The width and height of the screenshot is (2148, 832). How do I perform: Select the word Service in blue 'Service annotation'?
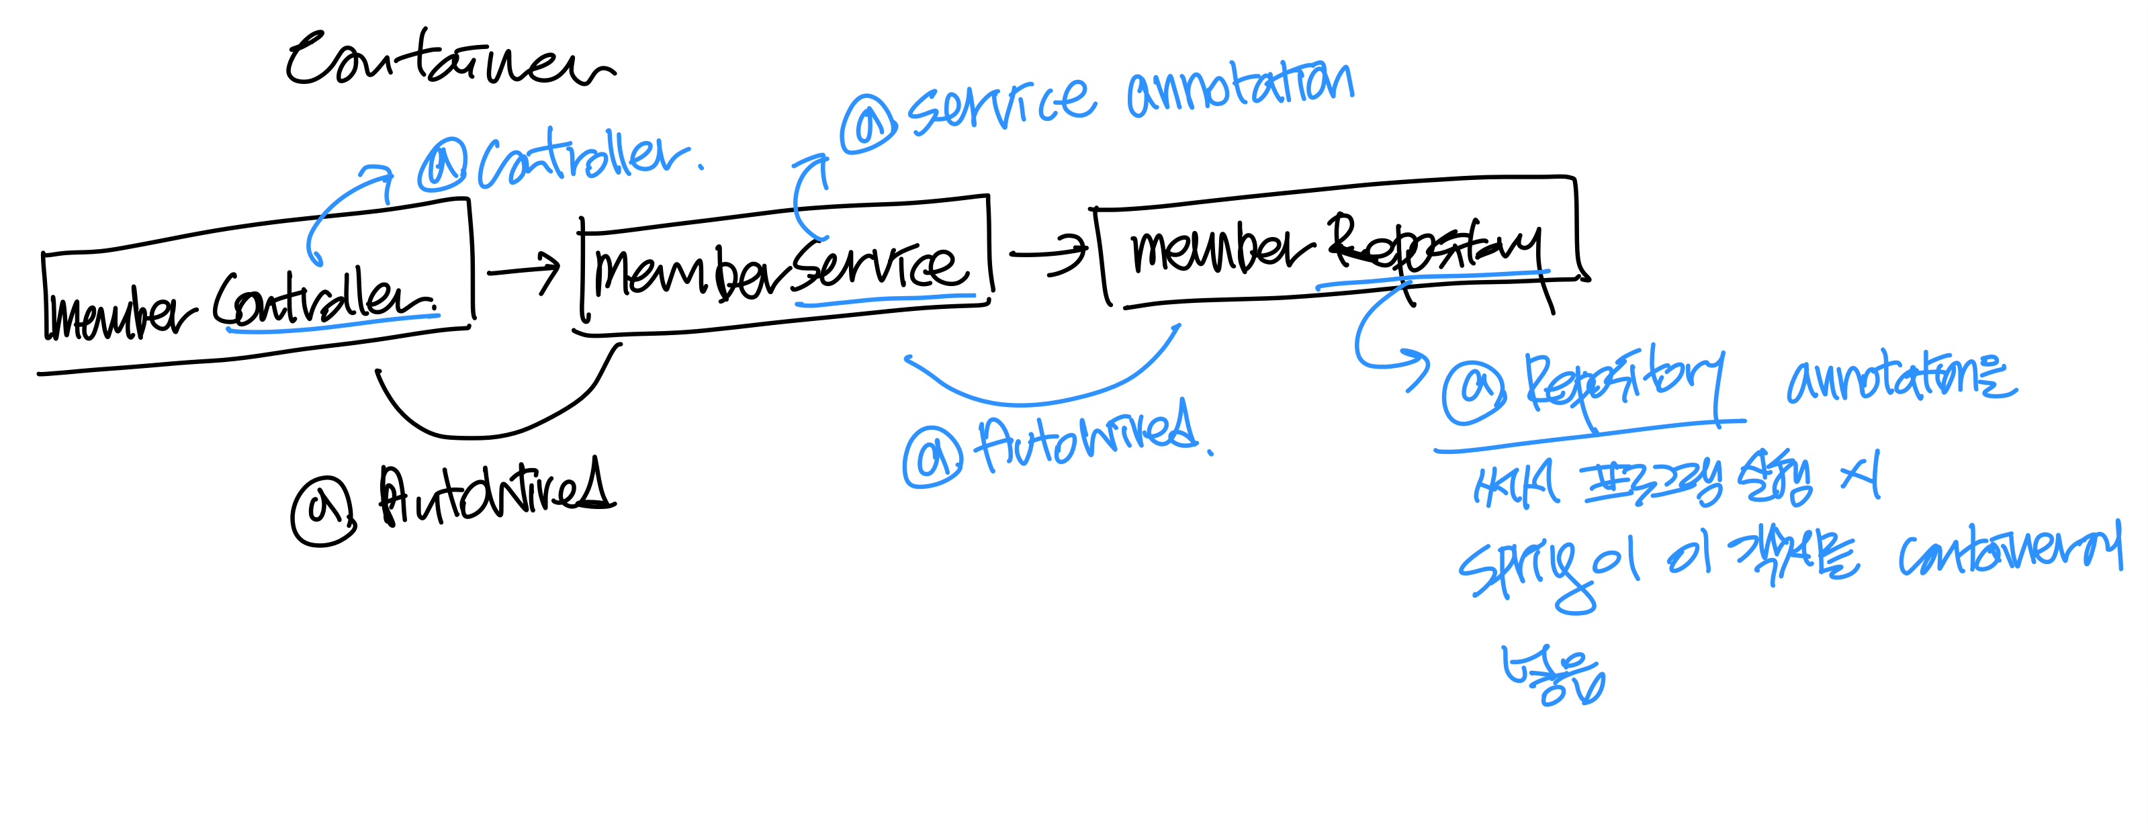[1001, 104]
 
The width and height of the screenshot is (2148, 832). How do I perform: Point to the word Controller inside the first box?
[325, 302]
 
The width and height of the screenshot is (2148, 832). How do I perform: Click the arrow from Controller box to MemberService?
[524, 271]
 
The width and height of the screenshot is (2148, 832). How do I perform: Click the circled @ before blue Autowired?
[933, 457]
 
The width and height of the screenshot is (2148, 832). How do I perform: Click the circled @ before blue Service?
[868, 124]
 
